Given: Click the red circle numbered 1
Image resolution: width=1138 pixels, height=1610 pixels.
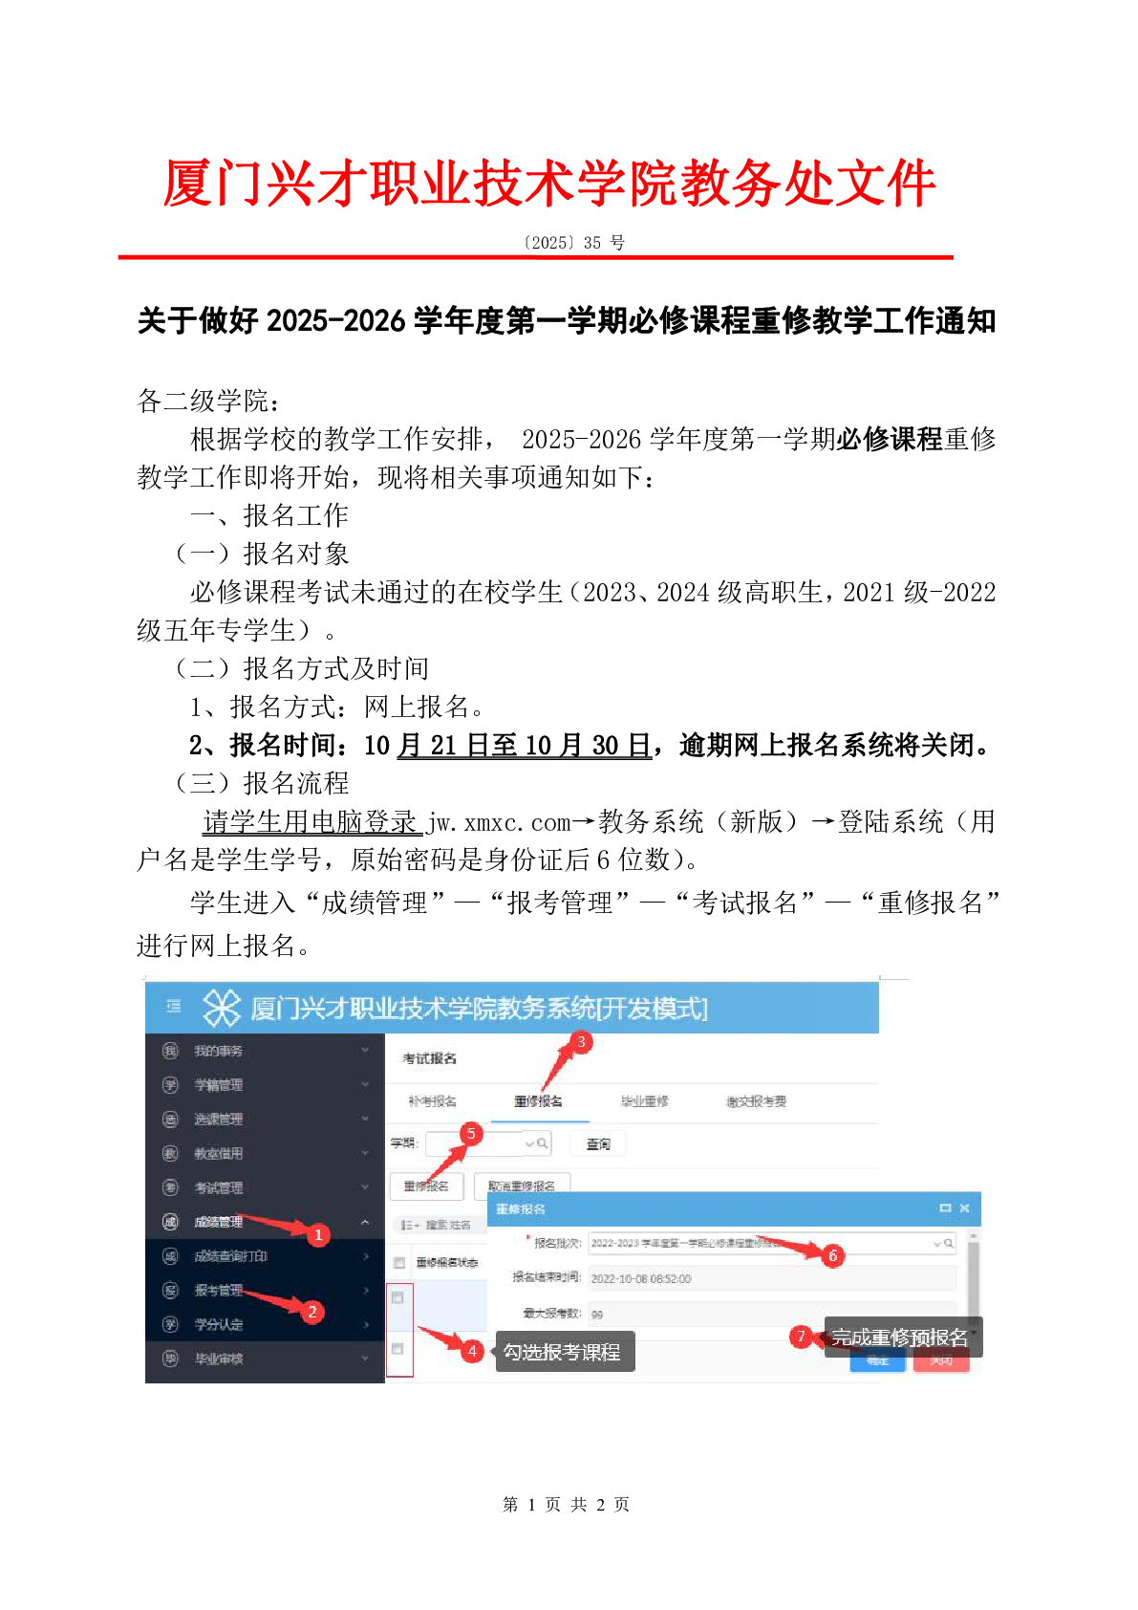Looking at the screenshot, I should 318,1234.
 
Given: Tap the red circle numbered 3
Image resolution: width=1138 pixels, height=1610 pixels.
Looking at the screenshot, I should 581,1041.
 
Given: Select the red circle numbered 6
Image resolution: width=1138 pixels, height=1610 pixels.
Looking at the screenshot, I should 832,1255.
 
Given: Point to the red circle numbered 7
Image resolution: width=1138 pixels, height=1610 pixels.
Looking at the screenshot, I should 802,1337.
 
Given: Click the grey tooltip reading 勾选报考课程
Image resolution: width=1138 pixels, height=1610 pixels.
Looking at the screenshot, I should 564,1352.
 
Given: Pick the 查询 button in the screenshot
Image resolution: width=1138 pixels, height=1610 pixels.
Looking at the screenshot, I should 598,1143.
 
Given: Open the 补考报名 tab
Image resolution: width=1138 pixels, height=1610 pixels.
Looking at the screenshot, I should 432,1101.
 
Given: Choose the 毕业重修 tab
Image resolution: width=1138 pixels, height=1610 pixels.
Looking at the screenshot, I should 645,1101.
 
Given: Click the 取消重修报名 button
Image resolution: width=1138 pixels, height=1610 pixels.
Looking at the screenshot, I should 522,1186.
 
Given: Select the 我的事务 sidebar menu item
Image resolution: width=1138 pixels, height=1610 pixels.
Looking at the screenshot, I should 219,1051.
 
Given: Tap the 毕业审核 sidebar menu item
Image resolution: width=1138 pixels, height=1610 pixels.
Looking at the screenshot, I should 219,1359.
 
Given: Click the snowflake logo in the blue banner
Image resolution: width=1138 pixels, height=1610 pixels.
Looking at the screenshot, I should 222,1008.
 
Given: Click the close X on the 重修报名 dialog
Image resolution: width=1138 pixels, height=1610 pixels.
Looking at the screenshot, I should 965,1208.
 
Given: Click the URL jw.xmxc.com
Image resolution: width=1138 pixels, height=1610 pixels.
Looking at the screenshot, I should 499,822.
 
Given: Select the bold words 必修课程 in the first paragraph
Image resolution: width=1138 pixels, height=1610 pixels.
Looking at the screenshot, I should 889,439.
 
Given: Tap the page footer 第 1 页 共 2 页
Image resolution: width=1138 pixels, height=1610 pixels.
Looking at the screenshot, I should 566,1504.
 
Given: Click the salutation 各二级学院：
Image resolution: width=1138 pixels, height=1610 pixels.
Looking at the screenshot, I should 208,401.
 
